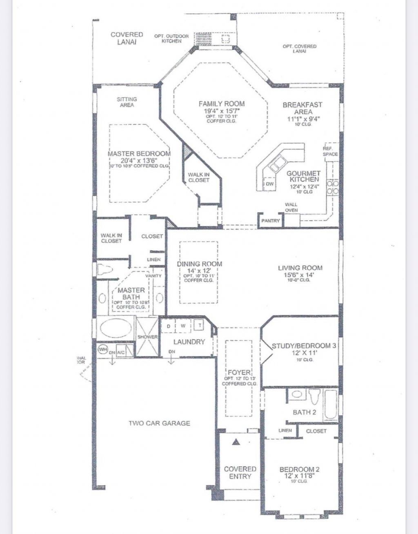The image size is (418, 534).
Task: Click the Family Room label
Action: (x=222, y=104)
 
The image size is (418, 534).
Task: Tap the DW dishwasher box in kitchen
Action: (x=269, y=184)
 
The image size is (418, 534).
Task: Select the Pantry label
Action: (x=271, y=221)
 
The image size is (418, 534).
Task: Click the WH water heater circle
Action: (x=102, y=350)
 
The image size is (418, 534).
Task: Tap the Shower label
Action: (x=147, y=337)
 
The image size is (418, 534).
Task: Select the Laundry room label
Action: (x=189, y=342)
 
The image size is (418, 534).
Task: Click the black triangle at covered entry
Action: (x=236, y=442)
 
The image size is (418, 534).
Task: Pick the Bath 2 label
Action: (x=304, y=412)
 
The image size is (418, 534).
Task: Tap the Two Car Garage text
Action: (x=159, y=423)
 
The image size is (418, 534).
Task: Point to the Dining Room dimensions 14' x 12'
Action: (x=200, y=270)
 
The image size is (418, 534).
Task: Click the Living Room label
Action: (x=300, y=268)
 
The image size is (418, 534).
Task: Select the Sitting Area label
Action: (x=127, y=102)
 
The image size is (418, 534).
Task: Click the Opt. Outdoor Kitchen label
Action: (x=171, y=38)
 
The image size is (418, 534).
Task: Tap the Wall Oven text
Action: (x=291, y=208)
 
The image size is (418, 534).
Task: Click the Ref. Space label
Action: (x=330, y=151)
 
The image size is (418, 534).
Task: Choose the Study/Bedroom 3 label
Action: (x=304, y=346)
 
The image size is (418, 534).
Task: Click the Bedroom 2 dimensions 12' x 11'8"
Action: (x=299, y=475)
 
